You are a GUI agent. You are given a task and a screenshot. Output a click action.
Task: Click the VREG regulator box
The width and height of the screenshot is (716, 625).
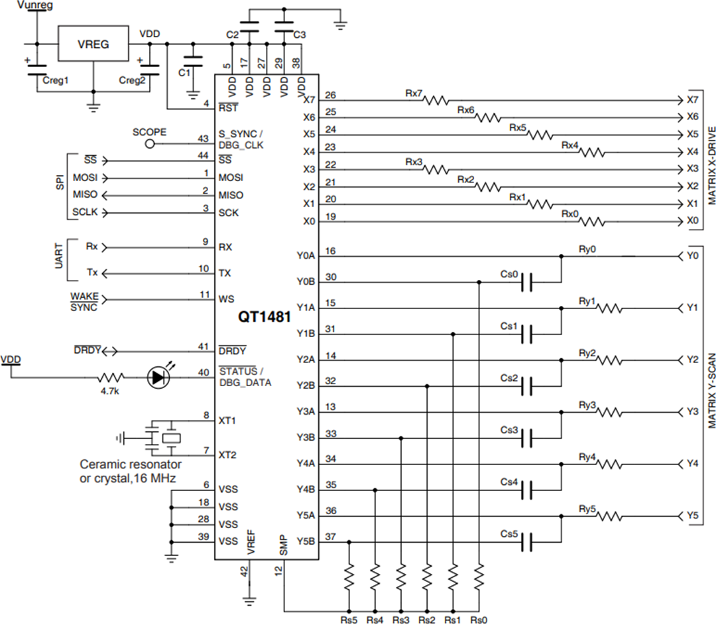(x=93, y=44)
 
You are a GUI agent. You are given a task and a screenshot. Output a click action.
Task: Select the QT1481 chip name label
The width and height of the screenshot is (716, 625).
(x=265, y=317)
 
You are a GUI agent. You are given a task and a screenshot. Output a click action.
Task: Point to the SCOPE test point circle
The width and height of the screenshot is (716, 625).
(x=150, y=143)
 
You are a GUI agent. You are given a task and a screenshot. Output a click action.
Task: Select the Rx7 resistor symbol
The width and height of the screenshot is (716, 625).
(x=437, y=101)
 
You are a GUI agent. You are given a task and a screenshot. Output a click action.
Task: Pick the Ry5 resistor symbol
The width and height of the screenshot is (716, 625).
(x=609, y=516)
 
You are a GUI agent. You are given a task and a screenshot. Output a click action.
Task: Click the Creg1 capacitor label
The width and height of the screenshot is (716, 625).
(x=56, y=80)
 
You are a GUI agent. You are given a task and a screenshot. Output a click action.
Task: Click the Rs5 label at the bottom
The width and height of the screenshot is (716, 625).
(x=349, y=620)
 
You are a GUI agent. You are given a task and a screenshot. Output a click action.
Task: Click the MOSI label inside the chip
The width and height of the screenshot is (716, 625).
(x=231, y=178)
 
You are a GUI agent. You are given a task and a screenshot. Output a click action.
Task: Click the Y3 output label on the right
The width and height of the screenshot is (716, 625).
(x=692, y=411)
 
